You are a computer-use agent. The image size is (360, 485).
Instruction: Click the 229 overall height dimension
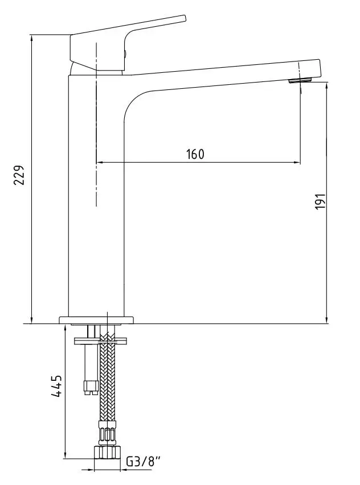point(20,175)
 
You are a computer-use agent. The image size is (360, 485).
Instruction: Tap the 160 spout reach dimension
point(195,154)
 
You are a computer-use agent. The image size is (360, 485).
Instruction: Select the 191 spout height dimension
point(321,201)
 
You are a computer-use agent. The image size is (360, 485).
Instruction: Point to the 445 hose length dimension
point(56,387)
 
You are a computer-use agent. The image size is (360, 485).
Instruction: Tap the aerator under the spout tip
point(300,81)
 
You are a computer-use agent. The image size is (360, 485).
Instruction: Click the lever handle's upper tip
point(184,18)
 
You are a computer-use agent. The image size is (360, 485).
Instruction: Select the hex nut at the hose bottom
point(107,452)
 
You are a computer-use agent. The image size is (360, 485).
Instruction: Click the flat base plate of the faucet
point(96,320)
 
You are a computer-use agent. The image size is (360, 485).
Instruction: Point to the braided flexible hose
point(108,377)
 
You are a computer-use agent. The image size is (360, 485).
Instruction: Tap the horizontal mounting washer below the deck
point(101,341)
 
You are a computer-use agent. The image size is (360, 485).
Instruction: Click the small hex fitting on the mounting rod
point(91,387)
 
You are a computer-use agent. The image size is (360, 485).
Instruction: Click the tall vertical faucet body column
point(96,195)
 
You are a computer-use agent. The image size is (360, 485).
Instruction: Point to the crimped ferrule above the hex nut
point(107,433)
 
